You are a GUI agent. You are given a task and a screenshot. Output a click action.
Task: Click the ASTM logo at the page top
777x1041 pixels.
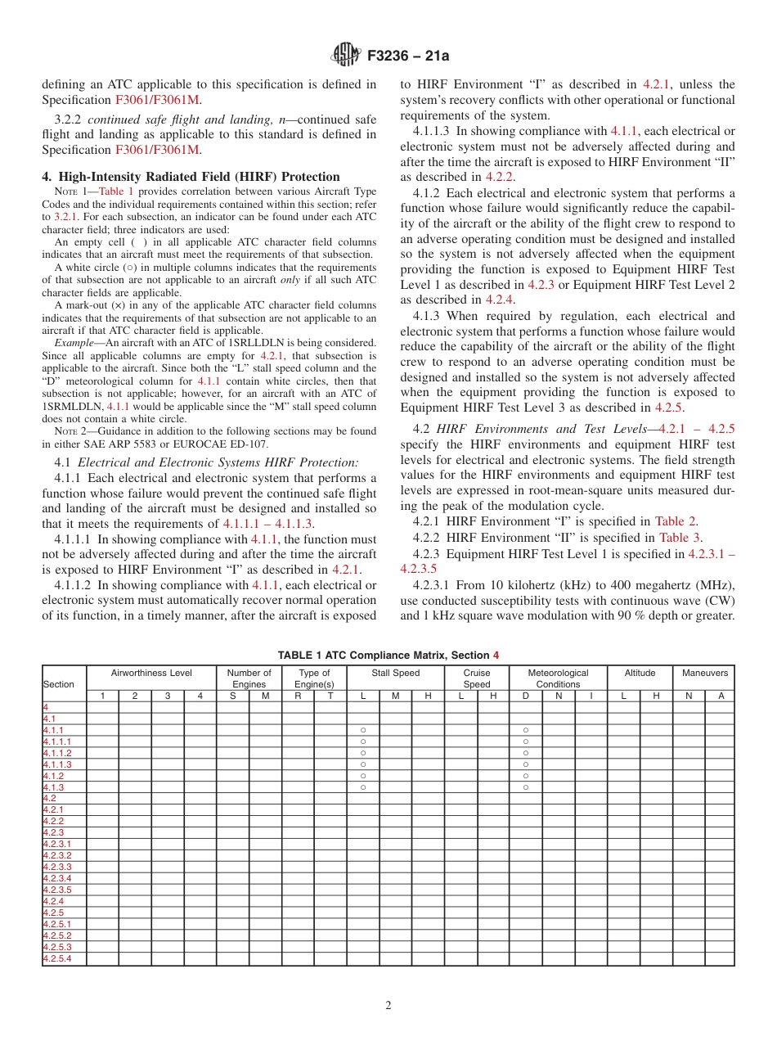346,56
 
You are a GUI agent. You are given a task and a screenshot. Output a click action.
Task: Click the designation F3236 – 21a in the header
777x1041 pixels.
408,56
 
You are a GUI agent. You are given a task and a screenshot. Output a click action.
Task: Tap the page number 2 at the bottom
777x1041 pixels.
388,1006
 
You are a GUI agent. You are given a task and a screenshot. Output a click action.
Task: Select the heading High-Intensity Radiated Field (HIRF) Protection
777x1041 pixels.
191,176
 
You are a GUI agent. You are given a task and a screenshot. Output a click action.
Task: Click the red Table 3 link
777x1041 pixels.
680,538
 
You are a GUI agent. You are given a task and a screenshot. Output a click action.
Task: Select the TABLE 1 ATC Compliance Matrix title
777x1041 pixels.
388,656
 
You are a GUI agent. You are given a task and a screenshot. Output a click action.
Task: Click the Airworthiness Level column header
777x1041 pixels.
151,674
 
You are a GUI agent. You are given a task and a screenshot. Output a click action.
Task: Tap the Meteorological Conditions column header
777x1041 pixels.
558,678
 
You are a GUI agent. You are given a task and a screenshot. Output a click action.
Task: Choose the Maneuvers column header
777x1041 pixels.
704,674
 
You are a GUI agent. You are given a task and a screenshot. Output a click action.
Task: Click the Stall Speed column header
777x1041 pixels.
395,674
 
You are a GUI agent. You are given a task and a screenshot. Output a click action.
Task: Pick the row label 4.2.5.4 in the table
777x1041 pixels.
57,958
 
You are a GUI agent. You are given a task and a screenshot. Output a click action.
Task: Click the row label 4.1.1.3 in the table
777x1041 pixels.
57,764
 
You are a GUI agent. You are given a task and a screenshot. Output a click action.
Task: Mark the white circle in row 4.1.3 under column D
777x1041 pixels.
526,787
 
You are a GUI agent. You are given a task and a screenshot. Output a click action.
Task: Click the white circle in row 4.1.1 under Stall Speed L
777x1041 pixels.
362,730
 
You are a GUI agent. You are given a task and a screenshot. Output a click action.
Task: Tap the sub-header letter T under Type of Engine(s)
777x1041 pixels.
330,696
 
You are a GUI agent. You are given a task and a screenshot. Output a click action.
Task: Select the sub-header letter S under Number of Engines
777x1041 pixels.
232,696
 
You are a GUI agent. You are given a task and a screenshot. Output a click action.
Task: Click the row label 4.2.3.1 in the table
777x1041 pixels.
57,844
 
